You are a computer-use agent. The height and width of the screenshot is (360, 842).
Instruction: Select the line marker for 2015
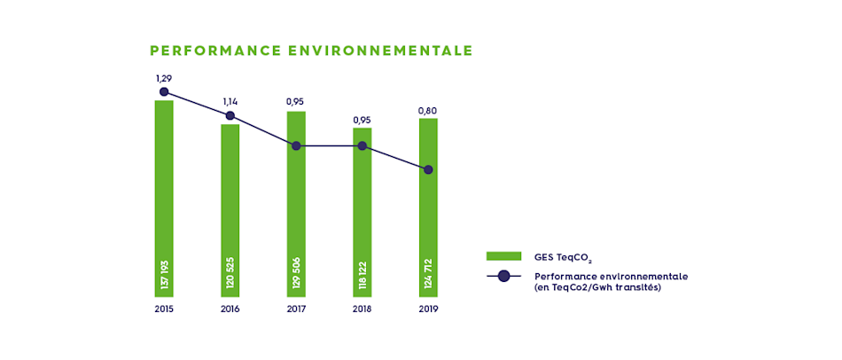164,91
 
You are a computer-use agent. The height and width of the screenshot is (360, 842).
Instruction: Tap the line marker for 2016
230,115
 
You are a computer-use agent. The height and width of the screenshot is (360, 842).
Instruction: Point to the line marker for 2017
296,145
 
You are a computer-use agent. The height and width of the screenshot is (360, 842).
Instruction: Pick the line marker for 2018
363,145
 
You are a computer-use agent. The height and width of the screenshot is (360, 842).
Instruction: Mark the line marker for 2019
428,169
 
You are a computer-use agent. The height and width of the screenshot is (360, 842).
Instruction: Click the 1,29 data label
164,78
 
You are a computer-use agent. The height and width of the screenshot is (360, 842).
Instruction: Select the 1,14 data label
230,102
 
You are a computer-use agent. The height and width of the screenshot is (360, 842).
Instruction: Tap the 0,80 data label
428,111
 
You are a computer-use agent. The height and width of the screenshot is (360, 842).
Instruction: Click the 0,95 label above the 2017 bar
296,102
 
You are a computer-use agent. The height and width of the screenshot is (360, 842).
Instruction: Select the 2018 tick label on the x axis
363,309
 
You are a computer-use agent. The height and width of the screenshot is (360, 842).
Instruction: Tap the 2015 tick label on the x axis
164,309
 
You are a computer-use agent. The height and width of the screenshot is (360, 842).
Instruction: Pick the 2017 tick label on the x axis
296,309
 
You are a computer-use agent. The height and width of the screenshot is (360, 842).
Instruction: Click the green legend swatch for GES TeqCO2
503,256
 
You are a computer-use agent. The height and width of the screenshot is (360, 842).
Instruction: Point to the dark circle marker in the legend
503,276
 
